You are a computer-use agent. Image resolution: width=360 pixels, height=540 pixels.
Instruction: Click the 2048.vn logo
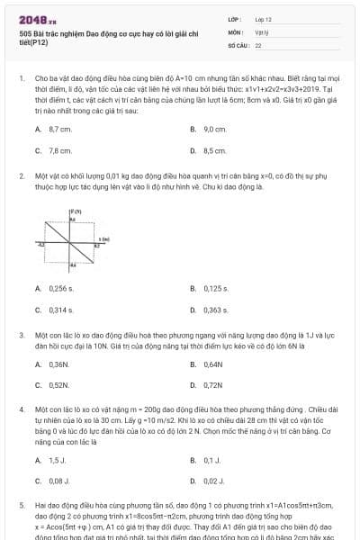click(35, 19)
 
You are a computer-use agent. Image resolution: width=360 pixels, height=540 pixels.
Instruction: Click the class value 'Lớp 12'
click(263, 19)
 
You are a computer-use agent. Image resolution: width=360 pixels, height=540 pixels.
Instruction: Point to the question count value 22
click(258, 44)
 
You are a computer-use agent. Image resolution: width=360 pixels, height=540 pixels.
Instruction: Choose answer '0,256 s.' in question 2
click(62, 288)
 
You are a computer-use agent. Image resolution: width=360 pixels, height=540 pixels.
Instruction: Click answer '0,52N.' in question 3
click(59, 385)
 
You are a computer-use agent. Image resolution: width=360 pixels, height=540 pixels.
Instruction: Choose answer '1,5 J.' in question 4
click(58, 460)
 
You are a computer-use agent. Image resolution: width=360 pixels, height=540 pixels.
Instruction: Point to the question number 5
click(22, 506)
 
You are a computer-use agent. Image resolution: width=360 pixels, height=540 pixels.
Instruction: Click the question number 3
click(22, 334)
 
